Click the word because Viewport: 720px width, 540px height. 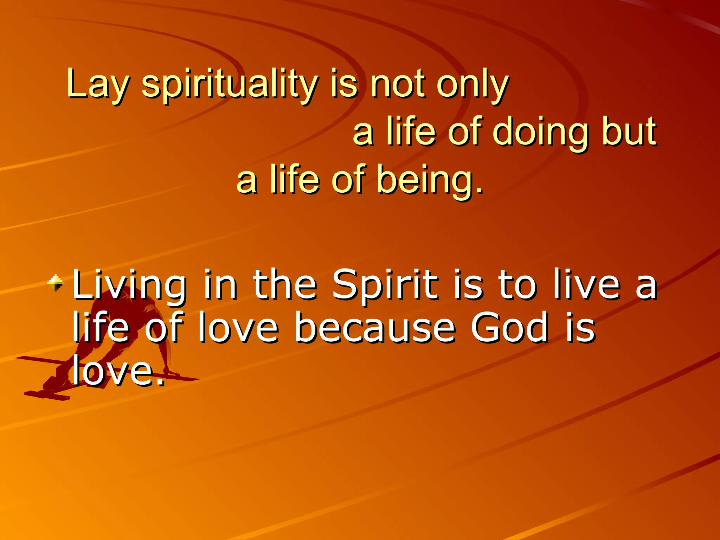pos(374,328)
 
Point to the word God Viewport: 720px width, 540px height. pos(509,328)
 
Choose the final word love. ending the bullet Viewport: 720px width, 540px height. pos(118,371)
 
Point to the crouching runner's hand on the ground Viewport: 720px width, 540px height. pos(172,373)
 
